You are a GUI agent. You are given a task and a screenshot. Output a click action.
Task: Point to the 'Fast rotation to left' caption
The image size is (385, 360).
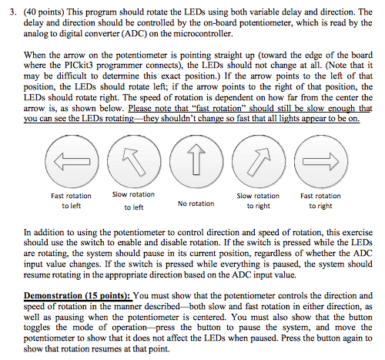click(x=71, y=201)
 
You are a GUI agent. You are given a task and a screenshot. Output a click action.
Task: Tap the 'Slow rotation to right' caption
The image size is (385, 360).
click(x=258, y=201)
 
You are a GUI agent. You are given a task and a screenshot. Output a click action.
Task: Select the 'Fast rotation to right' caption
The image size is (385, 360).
click(x=320, y=201)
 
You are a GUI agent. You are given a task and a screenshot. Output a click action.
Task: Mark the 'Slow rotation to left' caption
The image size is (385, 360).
click(x=133, y=200)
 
